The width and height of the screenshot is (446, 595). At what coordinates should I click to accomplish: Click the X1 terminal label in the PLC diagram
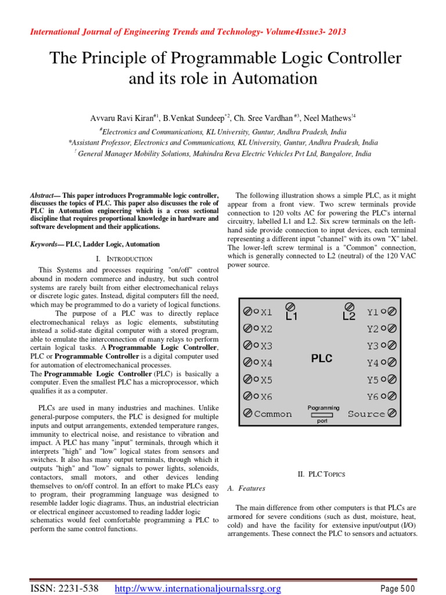tap(267, 312)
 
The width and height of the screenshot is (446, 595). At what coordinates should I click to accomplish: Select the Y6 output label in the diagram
tap(373, 397)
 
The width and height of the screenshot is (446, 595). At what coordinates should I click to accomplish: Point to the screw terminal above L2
tap(348, 306)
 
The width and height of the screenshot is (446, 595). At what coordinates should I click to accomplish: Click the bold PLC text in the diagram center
tap(322, 359)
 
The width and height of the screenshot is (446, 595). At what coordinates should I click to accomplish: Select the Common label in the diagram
tap(273, 414)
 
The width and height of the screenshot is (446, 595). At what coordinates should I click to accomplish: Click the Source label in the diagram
tap(366, 414)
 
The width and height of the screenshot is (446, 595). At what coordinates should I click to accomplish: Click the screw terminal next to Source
tap(392, 414)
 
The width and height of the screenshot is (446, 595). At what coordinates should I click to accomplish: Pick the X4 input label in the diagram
tap(267, 363)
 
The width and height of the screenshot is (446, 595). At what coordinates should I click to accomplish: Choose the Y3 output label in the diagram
tap(373, 346)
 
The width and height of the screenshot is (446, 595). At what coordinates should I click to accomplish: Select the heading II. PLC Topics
tap(321, 474)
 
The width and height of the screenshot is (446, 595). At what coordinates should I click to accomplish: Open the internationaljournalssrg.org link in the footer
tap(198, 589)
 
